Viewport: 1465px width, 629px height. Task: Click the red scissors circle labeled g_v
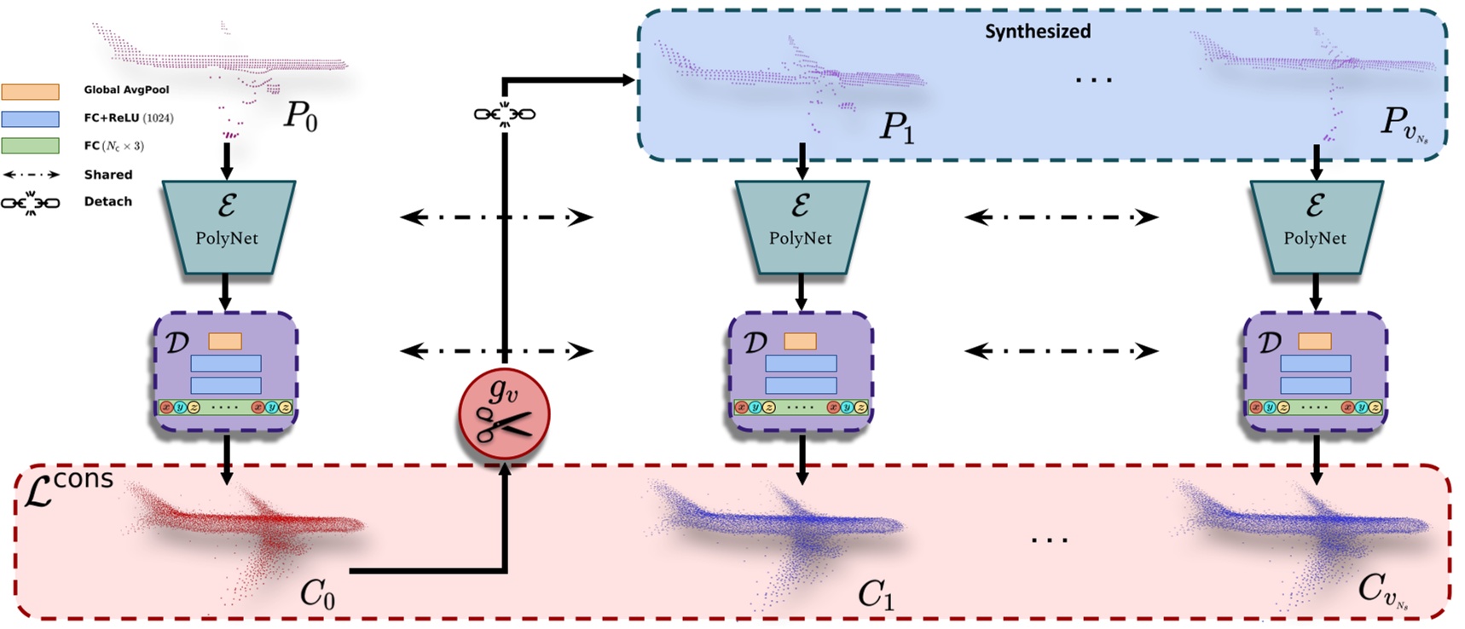tap(504, 415)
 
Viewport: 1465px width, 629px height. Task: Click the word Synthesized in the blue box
tap(1037, 32)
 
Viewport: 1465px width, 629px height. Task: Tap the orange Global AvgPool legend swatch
tap(31, 91)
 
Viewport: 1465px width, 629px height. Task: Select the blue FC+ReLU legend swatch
tap(31, 118)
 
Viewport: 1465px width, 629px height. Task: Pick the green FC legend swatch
tap(31, 146)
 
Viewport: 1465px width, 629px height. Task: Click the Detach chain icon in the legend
tap(31, 203)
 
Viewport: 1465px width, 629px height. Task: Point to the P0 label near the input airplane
tap(300, 116)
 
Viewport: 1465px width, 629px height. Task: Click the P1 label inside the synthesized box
tap(896, 128)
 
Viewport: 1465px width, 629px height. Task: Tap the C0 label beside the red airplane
tap(317, 594)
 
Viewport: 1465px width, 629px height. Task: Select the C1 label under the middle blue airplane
tap(876, 594)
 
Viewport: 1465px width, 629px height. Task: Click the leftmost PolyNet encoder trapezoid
tap(227, 227)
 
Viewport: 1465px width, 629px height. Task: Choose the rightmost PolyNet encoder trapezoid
tap(1315, 227)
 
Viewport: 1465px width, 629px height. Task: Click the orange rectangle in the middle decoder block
tap(800, 341)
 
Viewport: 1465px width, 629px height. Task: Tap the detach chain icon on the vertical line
tap(504, 113)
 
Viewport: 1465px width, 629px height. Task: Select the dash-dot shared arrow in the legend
tap(31, 175)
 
